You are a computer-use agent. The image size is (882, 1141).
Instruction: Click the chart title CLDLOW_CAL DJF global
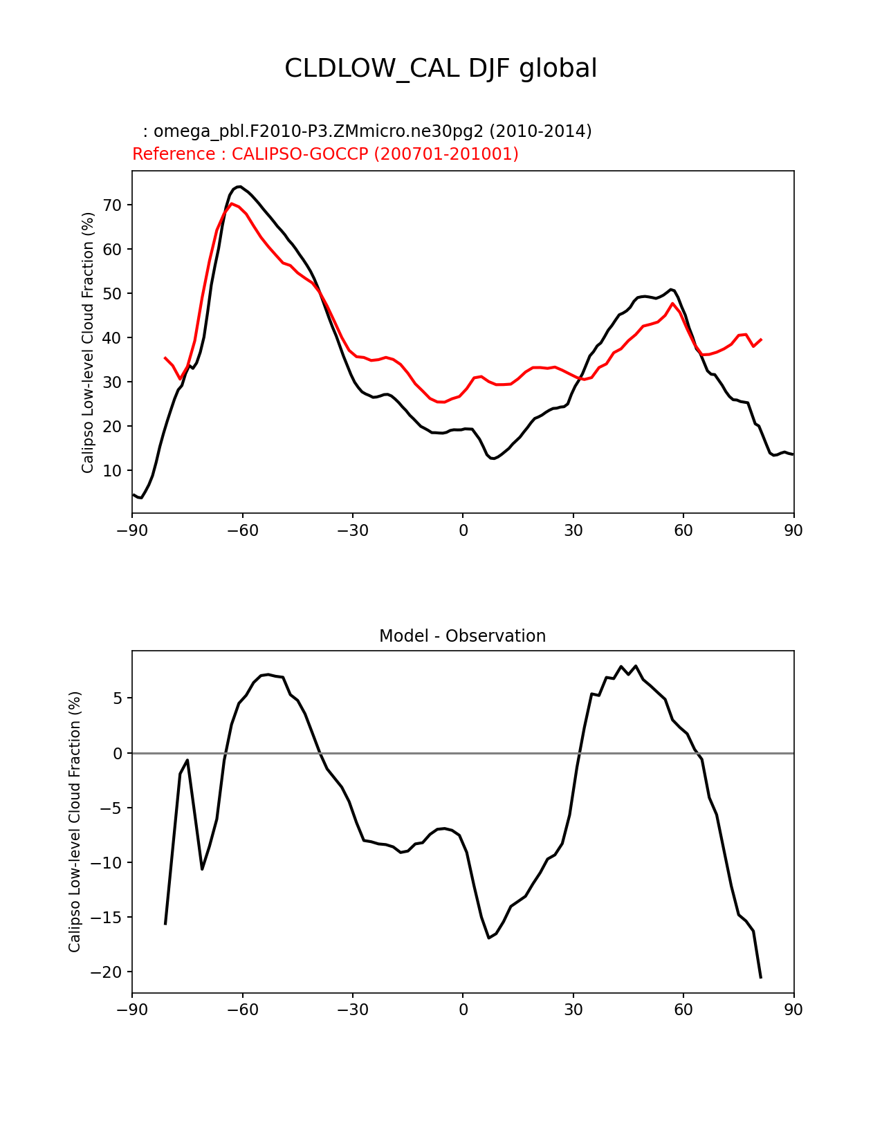click(x=441, y=68)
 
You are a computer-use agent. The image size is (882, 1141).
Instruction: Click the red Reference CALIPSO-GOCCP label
click(x=325, y=154)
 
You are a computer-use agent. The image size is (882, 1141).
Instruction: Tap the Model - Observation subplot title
click(x=462, y=636)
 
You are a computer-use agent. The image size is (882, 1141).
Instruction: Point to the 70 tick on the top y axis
click(x=113, y=205)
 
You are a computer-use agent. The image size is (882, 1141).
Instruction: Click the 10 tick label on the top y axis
click(x=113, y=471)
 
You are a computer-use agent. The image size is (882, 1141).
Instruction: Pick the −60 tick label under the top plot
click(x=242, y=530)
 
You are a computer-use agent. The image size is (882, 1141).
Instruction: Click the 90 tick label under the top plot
click(x=793, y=530)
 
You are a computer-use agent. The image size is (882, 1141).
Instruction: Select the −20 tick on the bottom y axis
click(x=106, y=972)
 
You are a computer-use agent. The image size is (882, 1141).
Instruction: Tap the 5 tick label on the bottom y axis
click(x=118, y=698)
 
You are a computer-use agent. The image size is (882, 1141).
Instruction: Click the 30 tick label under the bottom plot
click(x=573, y=1010)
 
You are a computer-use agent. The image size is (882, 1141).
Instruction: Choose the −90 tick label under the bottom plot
click(x=132, y=1010)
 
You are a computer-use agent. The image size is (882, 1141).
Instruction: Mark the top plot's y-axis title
click(x=88, y=342)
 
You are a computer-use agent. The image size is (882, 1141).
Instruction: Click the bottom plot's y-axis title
click(x=75, y=822)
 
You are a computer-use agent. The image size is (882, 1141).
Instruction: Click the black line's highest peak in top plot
click(x=239, y=186)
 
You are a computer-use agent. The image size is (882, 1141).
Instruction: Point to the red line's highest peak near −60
click(x=232, y=203)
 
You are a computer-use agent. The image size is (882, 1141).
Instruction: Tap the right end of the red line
click(x=761, y=340)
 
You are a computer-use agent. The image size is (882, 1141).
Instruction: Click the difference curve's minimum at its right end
click(x=761, y=977)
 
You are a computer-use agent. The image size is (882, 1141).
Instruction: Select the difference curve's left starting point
click(x=165, y=924)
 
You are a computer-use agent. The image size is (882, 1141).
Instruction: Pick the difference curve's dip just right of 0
click(x=489, y=938)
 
